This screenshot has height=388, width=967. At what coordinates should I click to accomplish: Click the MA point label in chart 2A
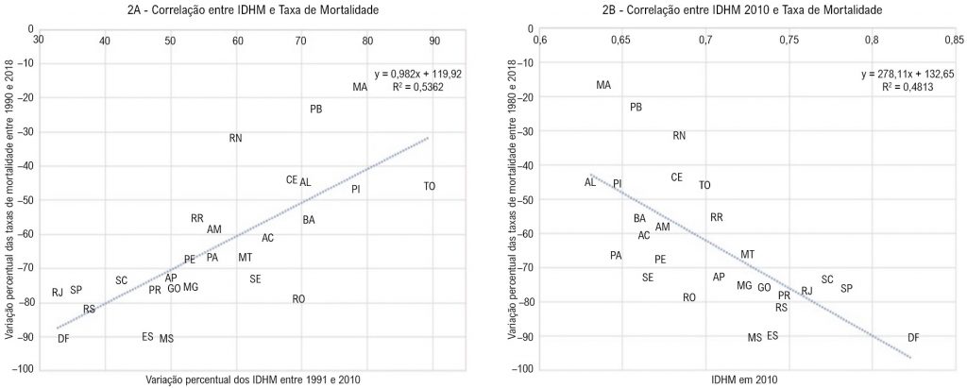pos(360,88)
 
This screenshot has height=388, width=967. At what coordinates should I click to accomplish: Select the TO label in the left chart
pos(430,187)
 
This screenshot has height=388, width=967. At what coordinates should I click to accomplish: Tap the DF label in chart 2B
pos(913,338)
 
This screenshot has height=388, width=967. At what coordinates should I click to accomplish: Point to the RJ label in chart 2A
pos(58,293)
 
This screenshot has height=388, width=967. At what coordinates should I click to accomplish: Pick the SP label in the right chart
pos(846,288)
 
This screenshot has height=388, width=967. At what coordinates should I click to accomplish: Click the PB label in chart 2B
pos(636,108)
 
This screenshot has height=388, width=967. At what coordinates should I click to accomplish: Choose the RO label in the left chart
pos(298,299)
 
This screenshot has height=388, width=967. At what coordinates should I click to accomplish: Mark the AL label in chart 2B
pos(590,182)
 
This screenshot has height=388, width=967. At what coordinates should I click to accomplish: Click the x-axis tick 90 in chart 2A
pos(433,41)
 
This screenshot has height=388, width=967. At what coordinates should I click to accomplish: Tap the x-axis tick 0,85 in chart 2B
pos(952,41)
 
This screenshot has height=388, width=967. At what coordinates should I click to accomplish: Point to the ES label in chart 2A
pos(147,337)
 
